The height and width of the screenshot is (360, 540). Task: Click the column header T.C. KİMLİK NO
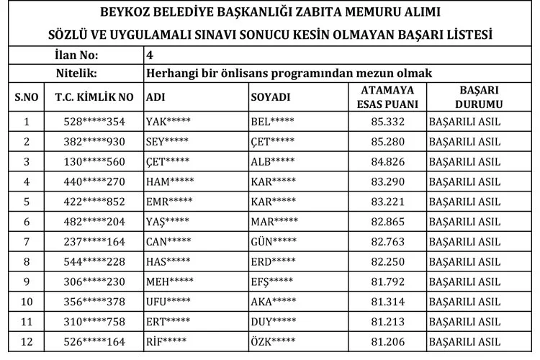[94, 96]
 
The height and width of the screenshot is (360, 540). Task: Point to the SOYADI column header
[270, 96]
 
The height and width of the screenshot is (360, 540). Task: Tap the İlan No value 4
[149, 55]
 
